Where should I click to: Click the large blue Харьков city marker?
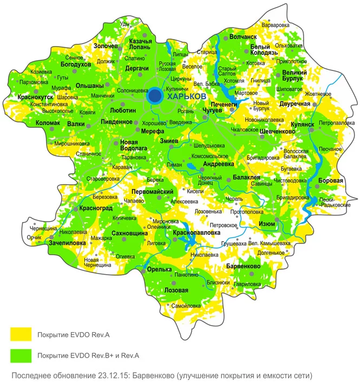[x=155, y=96]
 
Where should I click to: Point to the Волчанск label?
[x=242, y=37]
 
